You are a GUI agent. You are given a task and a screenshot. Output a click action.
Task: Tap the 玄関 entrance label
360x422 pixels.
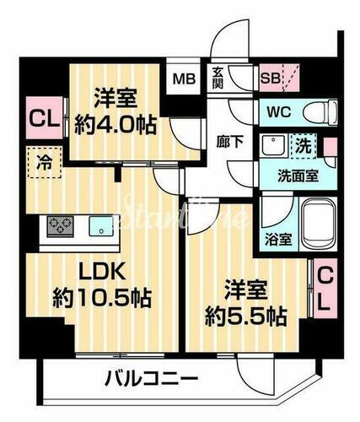216,81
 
